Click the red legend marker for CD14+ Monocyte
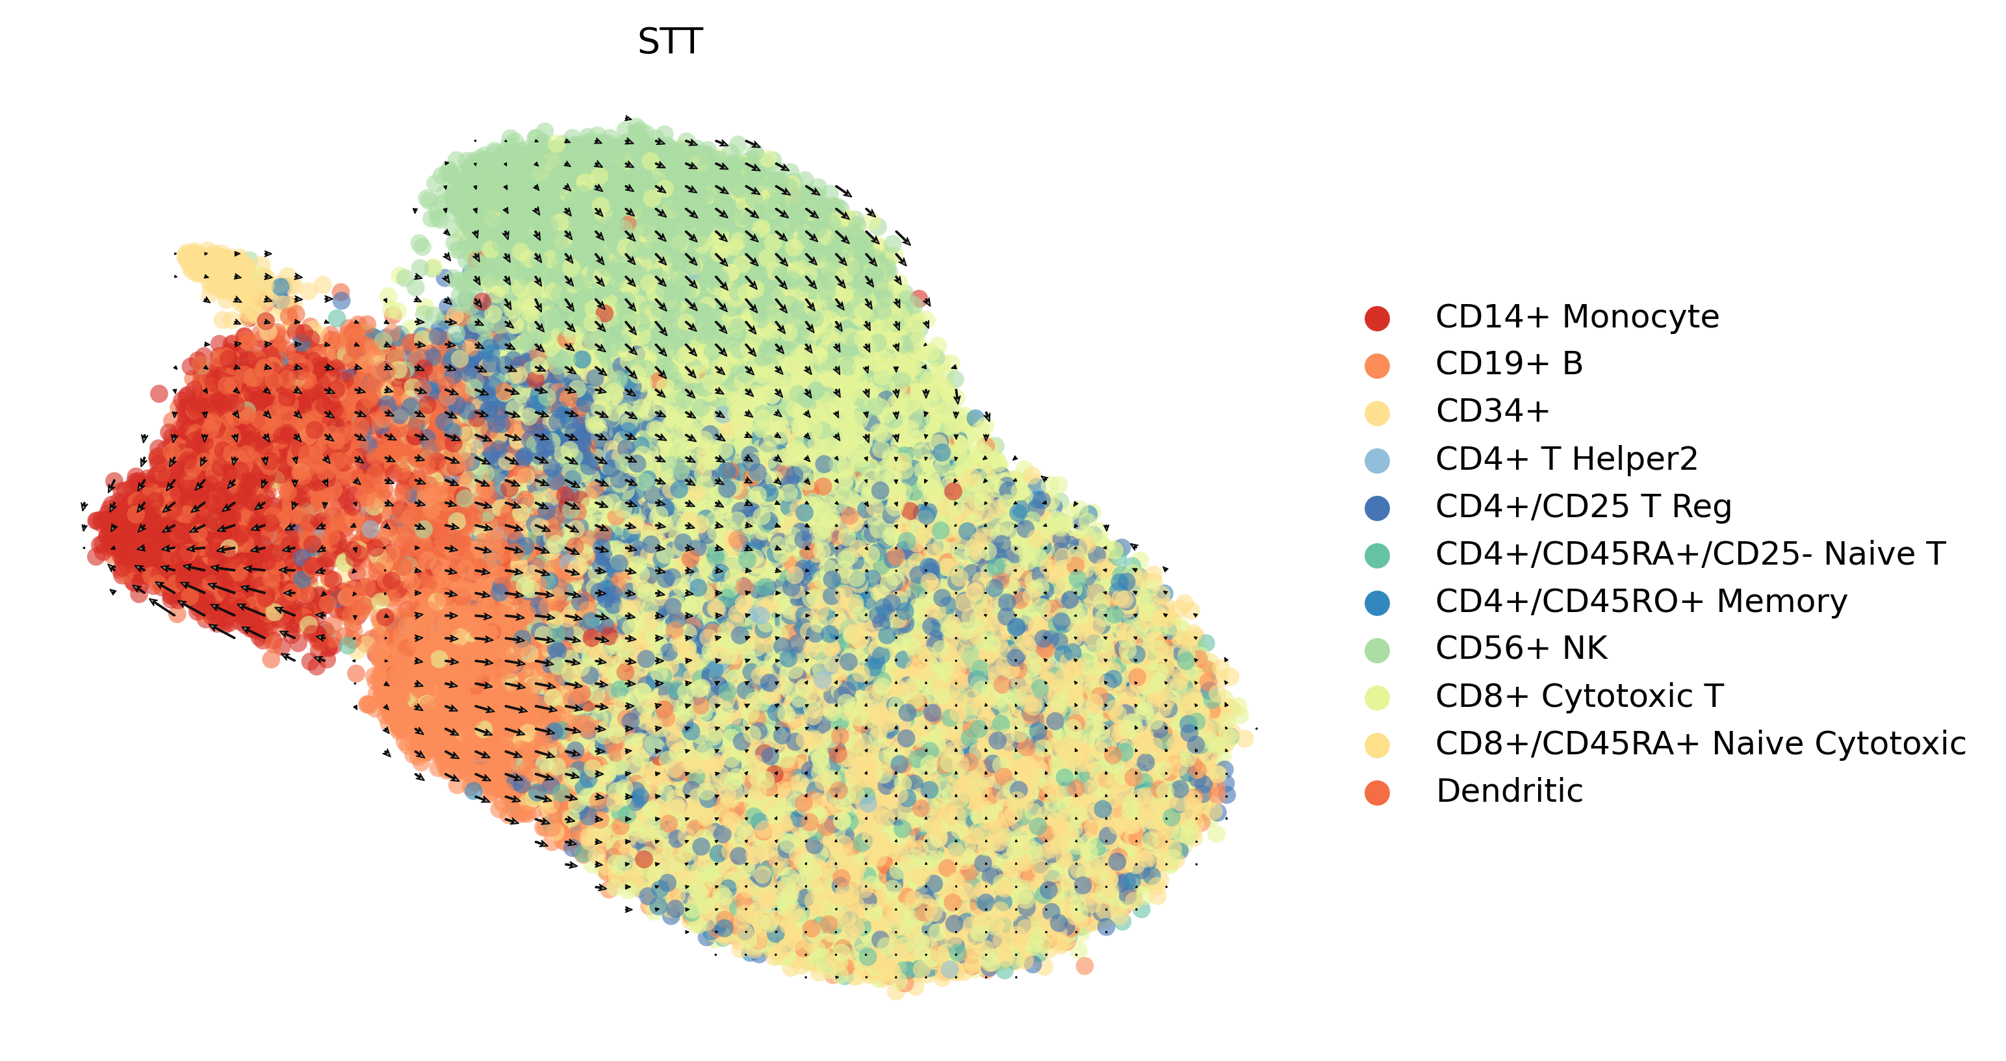1377,318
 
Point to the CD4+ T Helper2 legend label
1566,459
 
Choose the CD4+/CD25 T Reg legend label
1583,506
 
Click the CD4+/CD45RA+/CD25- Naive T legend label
1690,554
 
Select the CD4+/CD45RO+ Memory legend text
1641,601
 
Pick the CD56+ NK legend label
1521,648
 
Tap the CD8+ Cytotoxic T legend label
1579,696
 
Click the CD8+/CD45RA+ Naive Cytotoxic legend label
1700,743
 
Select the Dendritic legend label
1508,791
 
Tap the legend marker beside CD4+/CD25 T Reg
1377,507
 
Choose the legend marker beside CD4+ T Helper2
1377,460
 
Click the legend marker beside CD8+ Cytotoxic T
1377,697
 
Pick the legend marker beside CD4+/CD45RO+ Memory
1377,602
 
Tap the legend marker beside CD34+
1377,413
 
